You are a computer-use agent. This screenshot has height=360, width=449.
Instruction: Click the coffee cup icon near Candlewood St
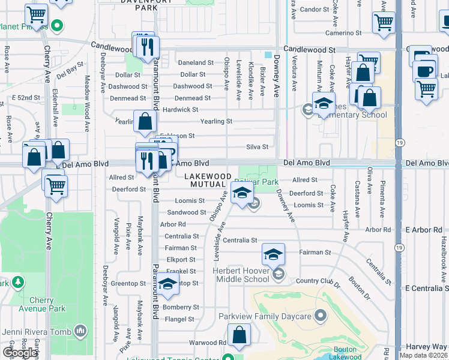tap(425, 70)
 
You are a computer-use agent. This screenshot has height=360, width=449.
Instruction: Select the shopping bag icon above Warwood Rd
tap(240, 335)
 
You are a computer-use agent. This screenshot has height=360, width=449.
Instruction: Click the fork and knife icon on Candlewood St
tap(148, 46)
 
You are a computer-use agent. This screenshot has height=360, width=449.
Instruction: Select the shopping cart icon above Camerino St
tap(383, 23)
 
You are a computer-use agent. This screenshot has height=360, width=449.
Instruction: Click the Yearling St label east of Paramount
tap(216, 121)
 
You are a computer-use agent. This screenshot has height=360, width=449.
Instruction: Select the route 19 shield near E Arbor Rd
tap(399, 247)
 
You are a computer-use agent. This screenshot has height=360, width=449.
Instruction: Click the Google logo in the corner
tap(20, 352)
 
